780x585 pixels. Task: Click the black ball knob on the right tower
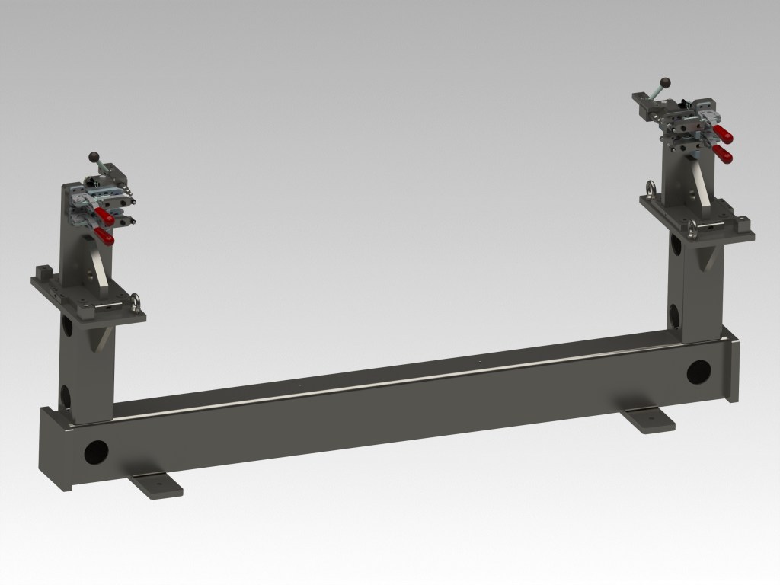tap(665, 81)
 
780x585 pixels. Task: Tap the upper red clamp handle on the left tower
tap(105, 219)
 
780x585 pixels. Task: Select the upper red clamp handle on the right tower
tap(725, 137)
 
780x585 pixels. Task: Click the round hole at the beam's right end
tap(697, 372)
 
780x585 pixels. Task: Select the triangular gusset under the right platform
tap(706, 259)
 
